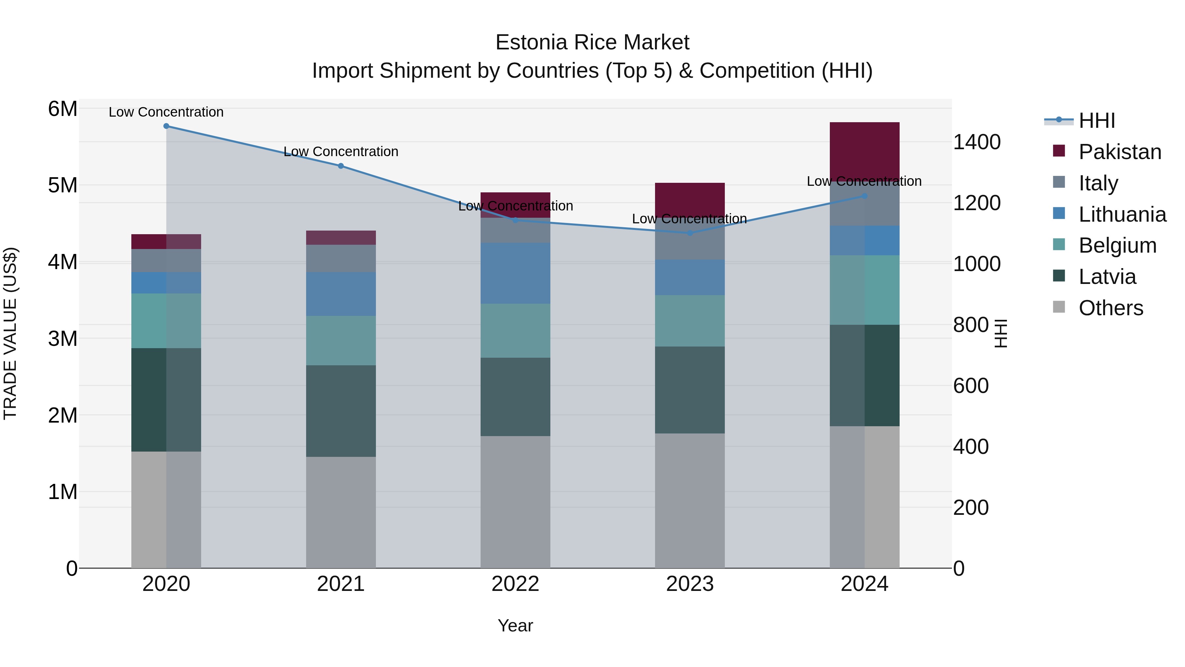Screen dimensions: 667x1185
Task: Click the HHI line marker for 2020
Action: [x=166, y=126]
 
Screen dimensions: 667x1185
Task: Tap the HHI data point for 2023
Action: [x=690, y=233]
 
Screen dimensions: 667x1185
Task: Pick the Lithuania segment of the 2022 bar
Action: [x=515, y=273]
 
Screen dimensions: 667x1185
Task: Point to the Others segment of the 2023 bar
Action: [x=690, y=500]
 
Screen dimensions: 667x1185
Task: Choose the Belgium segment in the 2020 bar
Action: [x=166, y=321]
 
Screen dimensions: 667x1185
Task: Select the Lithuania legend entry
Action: [x=1122, y=214]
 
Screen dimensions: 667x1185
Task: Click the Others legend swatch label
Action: [x=1111, y=308]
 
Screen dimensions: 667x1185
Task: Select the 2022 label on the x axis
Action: [x=515, y=584]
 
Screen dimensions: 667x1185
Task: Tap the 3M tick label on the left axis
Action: [x=63, y=339]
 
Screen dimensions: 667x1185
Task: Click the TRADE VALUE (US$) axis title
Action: [x=10, y=333]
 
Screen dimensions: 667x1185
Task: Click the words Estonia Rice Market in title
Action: [x=592, y=42]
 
